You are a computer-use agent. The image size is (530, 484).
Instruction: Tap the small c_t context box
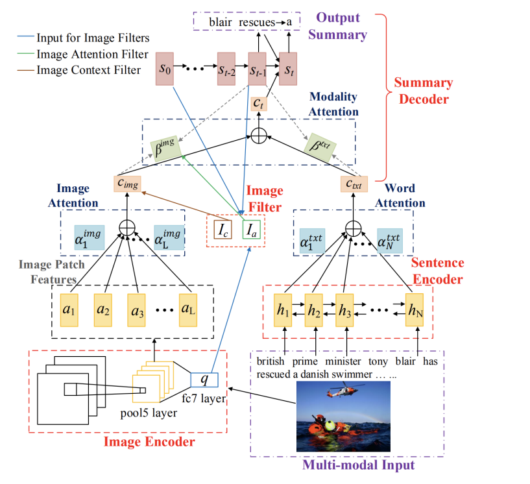tap(259, 103)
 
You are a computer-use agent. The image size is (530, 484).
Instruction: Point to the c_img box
tap(126, 184)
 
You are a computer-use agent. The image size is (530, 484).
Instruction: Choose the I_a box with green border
tap(251, 230)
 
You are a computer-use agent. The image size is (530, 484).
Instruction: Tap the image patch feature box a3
tap(138, 309)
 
